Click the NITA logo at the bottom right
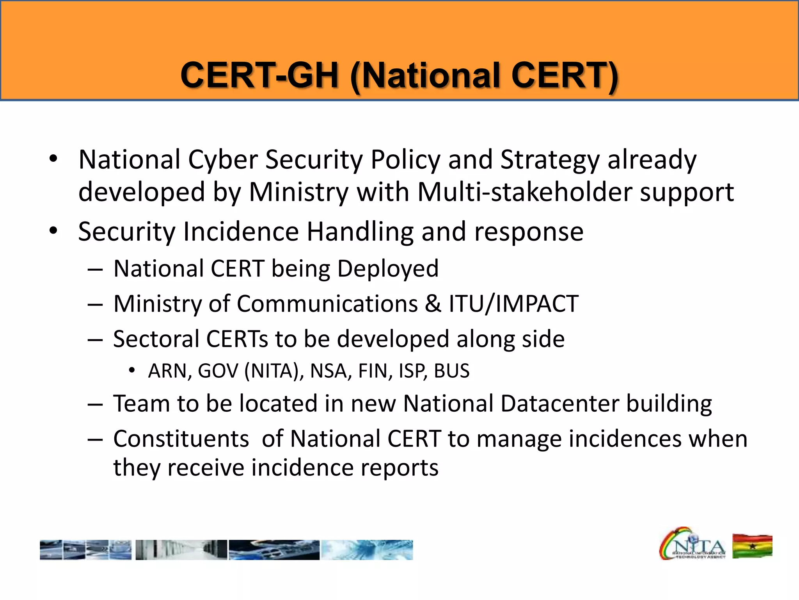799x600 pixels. coord(692,544)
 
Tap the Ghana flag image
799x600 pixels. coord(752,546)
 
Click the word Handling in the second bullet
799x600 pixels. coord(360,232)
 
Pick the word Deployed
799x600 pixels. coord(388,269)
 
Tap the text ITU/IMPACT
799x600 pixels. coord(513,304)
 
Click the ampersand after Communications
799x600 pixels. coord(433,304)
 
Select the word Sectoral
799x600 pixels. coord(156,339)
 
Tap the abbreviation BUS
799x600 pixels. coord(451,371)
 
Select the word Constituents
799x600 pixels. coord(181,439)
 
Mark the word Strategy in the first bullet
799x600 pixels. coord(550,160)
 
